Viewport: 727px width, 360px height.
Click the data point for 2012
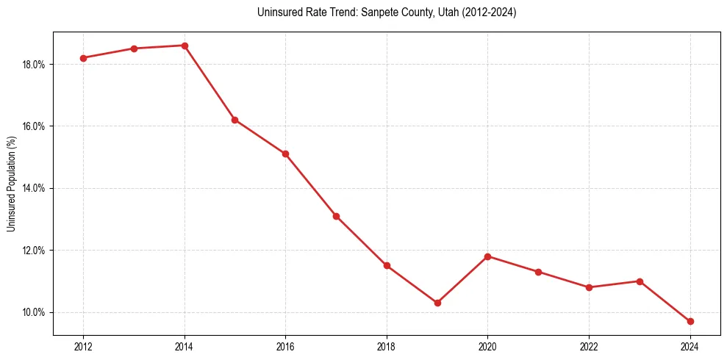[83, 58]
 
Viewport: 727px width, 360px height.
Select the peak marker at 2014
[185, 46]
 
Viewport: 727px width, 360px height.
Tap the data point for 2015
[235, 120]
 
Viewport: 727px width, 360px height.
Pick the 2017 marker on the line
[336, 216]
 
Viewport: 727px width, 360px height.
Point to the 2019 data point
[437, 303]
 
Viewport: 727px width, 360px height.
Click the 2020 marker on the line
[488, 256]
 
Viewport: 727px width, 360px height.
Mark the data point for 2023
[640, 281]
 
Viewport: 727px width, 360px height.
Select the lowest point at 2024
[690, 322]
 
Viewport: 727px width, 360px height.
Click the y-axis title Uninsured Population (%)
[11, 184]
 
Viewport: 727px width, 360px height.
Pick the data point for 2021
[538, 272]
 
